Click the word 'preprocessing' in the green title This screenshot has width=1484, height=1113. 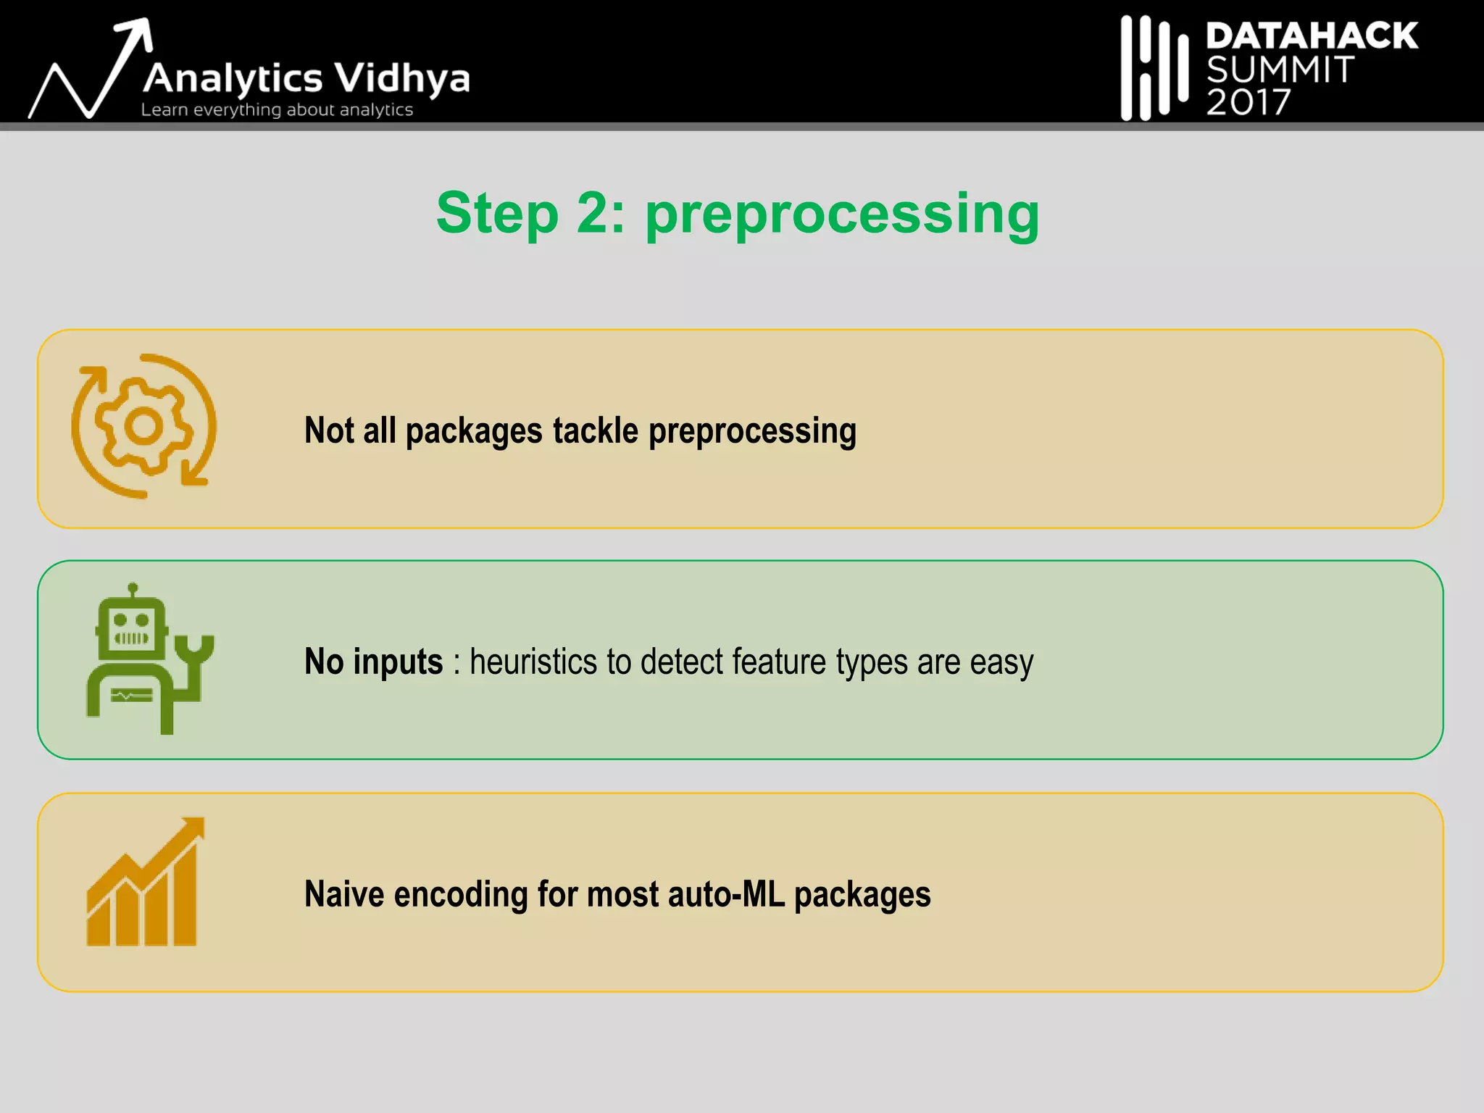pos(842,214)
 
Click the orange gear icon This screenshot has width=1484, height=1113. pos(143,426)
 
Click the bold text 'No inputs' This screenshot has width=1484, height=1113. pos(373,662)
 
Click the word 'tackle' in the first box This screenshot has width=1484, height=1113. pos(596,430)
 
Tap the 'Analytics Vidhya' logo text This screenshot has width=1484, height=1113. pos(307,78)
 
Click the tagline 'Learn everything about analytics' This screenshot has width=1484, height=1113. pos(277,110)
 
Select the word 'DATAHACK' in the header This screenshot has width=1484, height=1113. pos(1312,36)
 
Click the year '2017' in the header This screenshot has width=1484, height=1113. pos(1248,102)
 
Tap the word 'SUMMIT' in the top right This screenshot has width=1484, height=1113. pos(1280,70)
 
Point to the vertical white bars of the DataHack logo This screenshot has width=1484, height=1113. pos(1154,68)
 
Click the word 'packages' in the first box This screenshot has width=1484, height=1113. pos(474,431)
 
